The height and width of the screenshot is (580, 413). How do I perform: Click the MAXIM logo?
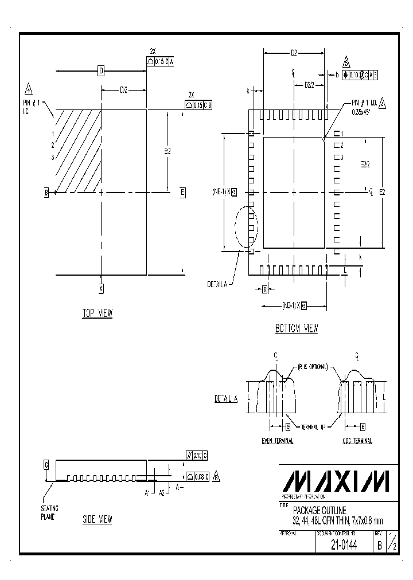338,481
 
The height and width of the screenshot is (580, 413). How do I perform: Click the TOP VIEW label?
98,313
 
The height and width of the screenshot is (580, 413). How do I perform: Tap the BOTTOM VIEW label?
296,328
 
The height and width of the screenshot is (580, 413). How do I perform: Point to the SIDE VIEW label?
98,519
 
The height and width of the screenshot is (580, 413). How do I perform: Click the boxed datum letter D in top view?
101,71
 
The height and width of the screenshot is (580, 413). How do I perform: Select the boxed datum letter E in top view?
182,193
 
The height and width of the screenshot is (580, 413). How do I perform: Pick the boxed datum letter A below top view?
102,289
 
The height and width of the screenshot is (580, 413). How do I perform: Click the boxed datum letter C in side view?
46,464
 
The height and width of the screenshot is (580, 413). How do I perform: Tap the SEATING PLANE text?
49,512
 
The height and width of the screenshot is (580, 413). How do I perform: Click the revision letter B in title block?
379,546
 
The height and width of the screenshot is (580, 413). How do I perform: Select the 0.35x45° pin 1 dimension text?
363,113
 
